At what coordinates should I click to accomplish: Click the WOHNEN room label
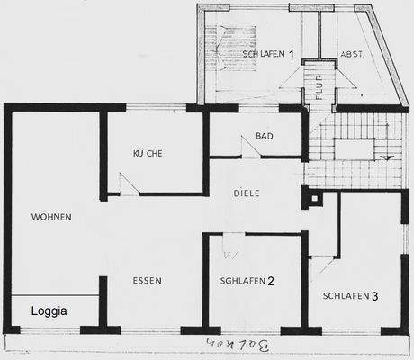tap(50, 217)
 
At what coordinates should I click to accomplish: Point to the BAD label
tap(264, 136)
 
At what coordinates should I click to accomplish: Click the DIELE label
tap(247, 193)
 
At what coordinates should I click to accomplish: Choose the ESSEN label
tap(147, 281)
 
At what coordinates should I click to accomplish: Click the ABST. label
tap(352, 54)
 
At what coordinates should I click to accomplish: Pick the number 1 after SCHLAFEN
tap(291, 54)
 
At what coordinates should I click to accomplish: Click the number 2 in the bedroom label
tap(270, 281)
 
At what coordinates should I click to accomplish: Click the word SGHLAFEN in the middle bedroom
tap(241, 281)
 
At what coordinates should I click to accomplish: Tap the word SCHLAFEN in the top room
tap(264, 54)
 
